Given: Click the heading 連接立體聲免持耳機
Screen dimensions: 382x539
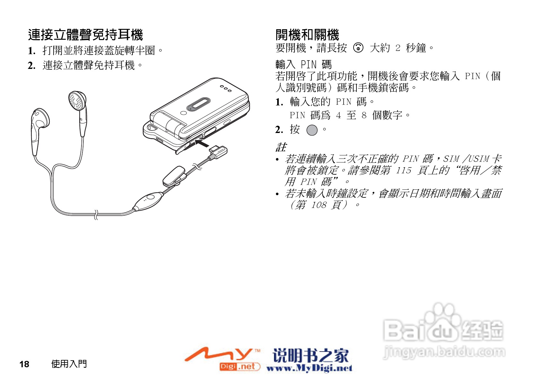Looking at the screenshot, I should (x=85, y=35).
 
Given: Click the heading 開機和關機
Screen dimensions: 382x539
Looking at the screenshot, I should (x=307, y=35).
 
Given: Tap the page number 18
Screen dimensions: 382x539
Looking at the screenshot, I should (x=24, y=364).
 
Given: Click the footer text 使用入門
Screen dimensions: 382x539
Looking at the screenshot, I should (x=69, y=364).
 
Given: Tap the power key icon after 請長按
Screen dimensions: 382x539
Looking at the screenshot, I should (x=358, y=48).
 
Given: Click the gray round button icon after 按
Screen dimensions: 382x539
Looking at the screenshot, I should (x=312, y=130).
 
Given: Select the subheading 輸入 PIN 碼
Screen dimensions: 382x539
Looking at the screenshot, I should (x=303, y=64).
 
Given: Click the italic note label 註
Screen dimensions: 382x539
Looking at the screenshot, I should (x=281, y=147).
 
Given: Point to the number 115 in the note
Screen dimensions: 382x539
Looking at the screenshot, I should (x=403, y=170).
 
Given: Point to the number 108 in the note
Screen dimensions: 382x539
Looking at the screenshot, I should (x=319, y=205).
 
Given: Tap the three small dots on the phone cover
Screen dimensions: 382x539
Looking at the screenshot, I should (x=226, y=88).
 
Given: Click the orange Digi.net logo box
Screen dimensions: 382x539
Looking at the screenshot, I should (x=239, y=367).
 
